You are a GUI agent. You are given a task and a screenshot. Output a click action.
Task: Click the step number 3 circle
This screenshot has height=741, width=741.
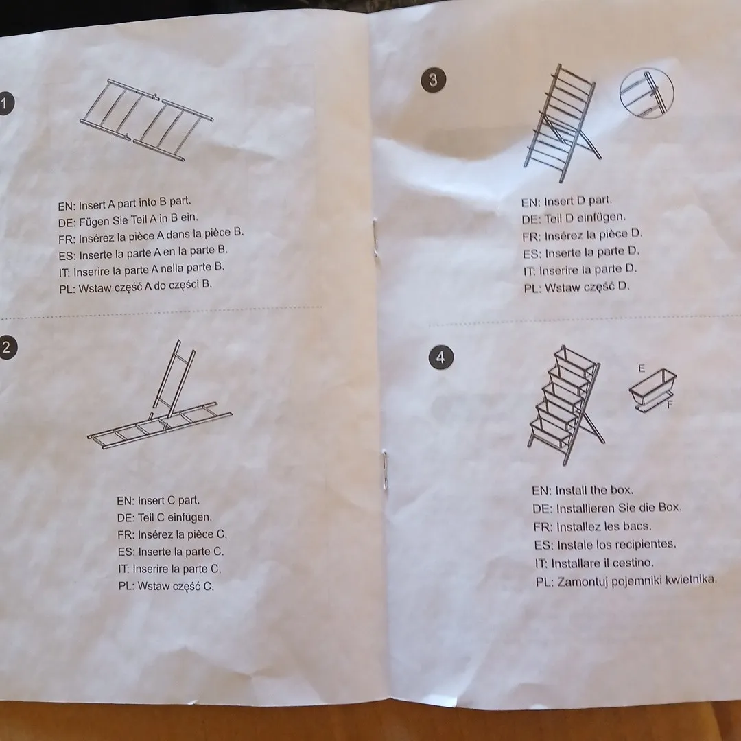(433, 80)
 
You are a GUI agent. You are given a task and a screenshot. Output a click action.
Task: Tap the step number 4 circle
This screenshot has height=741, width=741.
(441, 357)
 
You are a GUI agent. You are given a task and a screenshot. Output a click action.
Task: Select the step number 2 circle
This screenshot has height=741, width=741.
(7, 347)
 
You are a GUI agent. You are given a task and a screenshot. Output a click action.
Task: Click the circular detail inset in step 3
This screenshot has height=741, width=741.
(646, 93)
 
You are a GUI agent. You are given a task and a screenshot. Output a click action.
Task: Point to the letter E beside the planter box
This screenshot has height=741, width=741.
(642, 368)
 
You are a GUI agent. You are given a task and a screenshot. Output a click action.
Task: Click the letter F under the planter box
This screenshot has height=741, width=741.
(669, 405)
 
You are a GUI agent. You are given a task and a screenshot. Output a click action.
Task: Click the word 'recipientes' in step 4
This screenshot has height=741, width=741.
(647, 544)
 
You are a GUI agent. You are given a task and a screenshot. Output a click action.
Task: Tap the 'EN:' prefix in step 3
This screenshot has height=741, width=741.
(530, 202)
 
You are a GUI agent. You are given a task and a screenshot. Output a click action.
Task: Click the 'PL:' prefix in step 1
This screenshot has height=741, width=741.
(67, 289)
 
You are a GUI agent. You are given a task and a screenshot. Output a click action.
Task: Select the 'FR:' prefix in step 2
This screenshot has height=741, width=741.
(126, 535)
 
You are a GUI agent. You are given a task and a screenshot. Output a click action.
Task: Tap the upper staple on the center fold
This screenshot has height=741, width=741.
(376, 237)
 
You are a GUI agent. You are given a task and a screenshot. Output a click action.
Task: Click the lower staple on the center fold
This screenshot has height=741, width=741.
(385, 470)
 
